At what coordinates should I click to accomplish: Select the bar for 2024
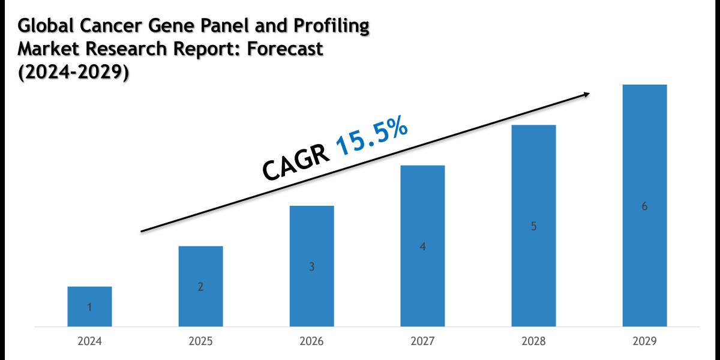point(89,306)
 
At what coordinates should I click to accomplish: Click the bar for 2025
point(200,286)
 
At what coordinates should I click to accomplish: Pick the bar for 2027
point(422,245)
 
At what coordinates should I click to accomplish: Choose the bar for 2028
point(533,226)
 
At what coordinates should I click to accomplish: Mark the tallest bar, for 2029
point(644,205)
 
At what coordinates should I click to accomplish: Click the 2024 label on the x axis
point(89,341)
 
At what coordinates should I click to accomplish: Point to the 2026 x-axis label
point(311,341)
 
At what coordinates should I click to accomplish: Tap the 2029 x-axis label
point(644,341)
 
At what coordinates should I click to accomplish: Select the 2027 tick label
point(422,341)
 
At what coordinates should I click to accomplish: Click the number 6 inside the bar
point(644,206)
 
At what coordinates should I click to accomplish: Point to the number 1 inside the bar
point(89,308)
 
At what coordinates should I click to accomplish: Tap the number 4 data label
point(422,247)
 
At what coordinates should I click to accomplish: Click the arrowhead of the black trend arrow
point(586,94)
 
